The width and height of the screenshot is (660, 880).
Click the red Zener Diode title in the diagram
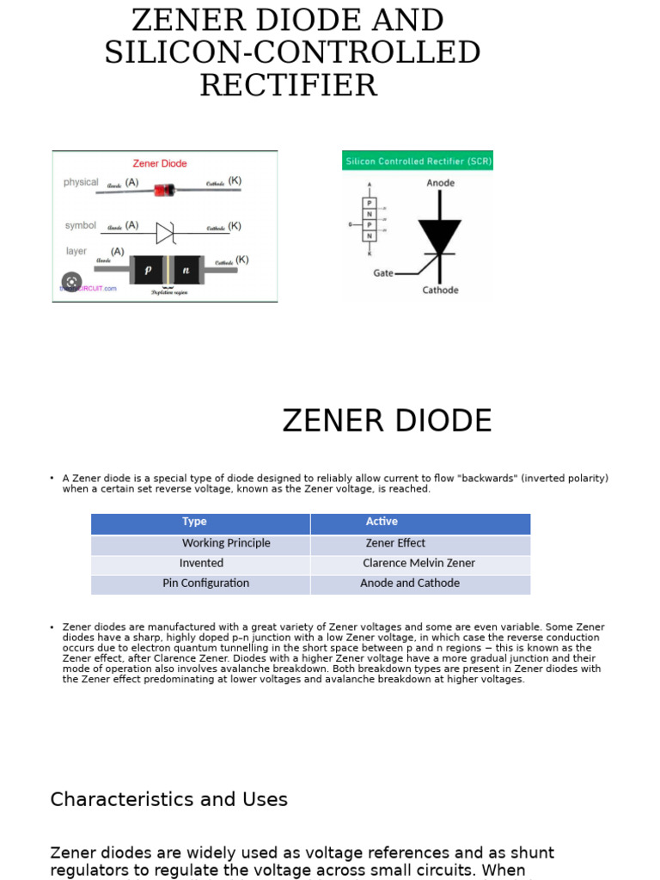point(160,163)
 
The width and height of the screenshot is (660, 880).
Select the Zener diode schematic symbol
point(165,232)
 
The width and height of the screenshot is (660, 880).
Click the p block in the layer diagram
point(148,270)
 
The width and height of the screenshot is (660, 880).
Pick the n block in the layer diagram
point(186,270)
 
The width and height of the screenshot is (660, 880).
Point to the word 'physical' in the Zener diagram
point(81,182)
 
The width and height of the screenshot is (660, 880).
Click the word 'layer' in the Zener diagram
point(76,251)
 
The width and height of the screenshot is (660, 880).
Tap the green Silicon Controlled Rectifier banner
point(418,161)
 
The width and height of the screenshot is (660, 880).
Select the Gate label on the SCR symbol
point(383,273)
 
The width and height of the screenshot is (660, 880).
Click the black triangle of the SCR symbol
point(440,235)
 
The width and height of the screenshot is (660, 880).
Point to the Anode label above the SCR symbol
point(440,183)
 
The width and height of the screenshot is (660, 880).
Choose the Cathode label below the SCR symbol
point(440,290)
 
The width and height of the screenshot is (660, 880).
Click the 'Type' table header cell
point(194,522)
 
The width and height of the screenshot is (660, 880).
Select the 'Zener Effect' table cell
point(395,543)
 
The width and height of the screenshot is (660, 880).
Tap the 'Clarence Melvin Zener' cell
point(419,564)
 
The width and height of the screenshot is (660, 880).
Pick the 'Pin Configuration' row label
point(205,584)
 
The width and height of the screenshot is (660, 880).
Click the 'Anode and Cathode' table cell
point(410,584)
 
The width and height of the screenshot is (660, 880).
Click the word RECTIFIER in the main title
point(289,85)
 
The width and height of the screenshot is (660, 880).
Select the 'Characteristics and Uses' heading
point(169,799)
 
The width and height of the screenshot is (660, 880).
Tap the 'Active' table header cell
point(382,522)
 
